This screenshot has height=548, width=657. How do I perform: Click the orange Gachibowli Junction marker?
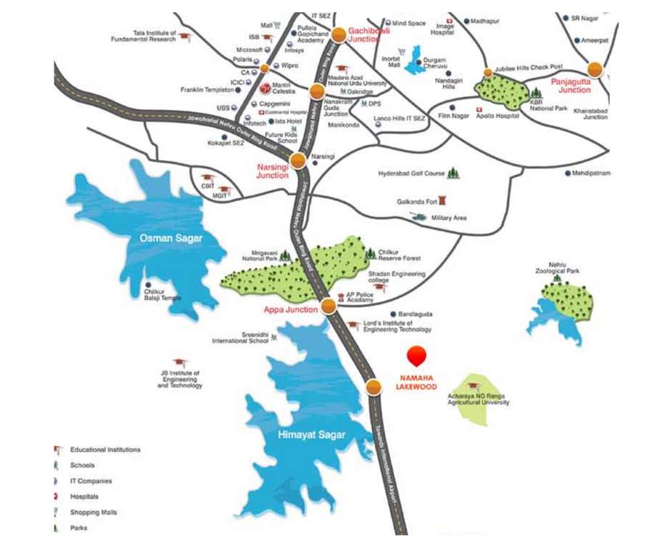(339, 34)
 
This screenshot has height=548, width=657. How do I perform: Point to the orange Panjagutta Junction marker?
(594, 69)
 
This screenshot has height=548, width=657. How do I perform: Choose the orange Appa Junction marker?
(328, 306)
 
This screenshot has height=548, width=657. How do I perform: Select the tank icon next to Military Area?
(416, 214)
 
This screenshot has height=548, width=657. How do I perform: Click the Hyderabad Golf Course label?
(411, 173)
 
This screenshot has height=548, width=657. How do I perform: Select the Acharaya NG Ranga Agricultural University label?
(478, 398)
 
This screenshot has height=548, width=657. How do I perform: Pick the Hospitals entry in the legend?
(84, 497)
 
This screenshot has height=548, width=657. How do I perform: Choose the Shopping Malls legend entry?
(93, 512)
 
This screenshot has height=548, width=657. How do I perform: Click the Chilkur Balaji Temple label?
(162, 295)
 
